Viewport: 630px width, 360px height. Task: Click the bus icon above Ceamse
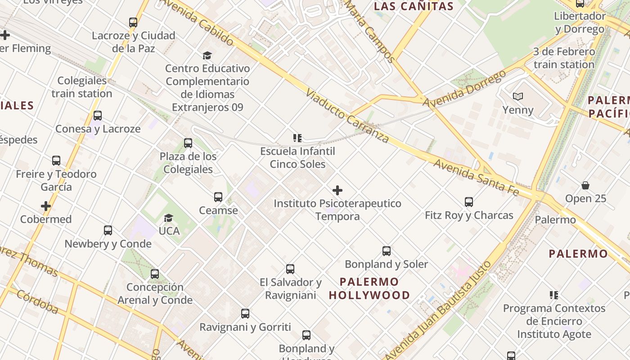point(218,197)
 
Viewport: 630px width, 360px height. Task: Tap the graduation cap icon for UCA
point(169,218)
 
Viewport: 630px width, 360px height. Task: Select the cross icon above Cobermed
point(46,206)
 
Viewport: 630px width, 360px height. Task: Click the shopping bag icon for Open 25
point(585,185)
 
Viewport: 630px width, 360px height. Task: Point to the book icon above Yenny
point(518,96)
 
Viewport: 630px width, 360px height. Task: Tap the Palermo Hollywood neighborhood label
point(369,288)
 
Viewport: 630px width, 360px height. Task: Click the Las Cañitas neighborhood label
point(414,6)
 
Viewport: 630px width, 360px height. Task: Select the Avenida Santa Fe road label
point(476,177)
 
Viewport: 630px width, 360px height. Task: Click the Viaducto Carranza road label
point(347,115)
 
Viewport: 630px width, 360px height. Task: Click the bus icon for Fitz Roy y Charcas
point(469,202)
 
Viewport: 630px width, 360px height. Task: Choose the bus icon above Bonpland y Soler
point(387,251)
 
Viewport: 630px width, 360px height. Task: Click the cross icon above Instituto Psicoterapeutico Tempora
point(337,190)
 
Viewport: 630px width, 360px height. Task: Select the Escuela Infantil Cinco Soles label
point(297,157)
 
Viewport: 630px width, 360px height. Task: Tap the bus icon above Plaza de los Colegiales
point(188,143)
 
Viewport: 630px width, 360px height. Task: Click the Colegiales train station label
point(82,87)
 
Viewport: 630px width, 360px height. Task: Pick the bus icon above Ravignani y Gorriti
point(245,314)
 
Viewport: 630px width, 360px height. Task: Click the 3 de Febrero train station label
point(564,58)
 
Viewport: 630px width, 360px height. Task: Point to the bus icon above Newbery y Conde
point(108,230)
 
